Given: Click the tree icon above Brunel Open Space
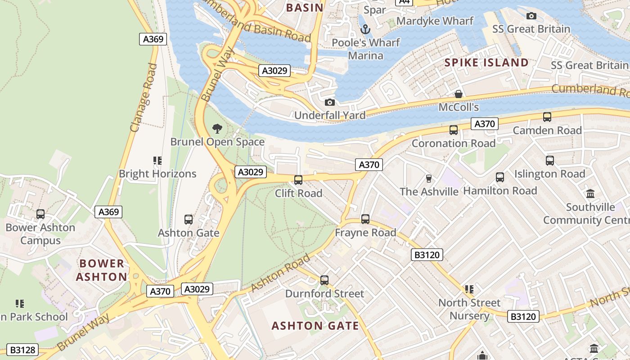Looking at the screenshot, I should tap(217, 129).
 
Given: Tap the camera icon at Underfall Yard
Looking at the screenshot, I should tap(330, 102).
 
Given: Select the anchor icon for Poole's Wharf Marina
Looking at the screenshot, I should tap(365, 30).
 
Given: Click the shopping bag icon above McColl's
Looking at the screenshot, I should tap(459, 94).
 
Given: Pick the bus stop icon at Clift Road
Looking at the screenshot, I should tap(298, 180).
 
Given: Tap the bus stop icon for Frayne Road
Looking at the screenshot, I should tap(365, 219).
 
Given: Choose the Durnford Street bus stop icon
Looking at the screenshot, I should tap(324, 280).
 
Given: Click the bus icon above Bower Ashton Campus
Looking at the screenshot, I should tap(40, 214).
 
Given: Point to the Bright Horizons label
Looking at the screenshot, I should tap(157, 174).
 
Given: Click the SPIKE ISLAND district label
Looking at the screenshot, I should tap(486, 63).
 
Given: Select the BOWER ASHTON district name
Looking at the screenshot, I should tap(101, 270).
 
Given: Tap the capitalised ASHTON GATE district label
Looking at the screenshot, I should tap(315, 326).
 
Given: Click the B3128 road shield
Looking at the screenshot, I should tap(22, 350).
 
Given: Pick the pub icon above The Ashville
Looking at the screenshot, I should tap(428, 179).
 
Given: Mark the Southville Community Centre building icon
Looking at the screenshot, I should tap(590, 193).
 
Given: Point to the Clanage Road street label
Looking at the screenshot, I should tap(144, 97).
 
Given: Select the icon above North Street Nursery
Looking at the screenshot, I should tap(469, 289).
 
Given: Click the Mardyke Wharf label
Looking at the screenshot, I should tap(435, 21).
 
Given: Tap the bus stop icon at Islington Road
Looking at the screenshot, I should tap(549, 161).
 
